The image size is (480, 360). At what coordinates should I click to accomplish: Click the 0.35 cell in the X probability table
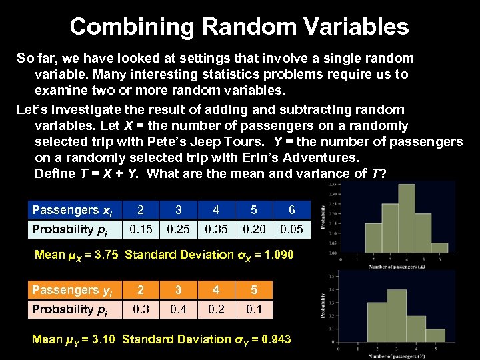(x=215, y=229)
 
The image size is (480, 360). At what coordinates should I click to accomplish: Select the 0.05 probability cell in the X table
(x=291, y=229)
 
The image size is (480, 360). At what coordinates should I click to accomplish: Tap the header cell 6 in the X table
(x=291, y=210)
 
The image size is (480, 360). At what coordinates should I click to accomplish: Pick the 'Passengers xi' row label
(x=72, y=210)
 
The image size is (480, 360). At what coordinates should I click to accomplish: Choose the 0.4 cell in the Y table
(x=178, y=309)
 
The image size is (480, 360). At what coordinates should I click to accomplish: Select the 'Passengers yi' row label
(x=72, y=290)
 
